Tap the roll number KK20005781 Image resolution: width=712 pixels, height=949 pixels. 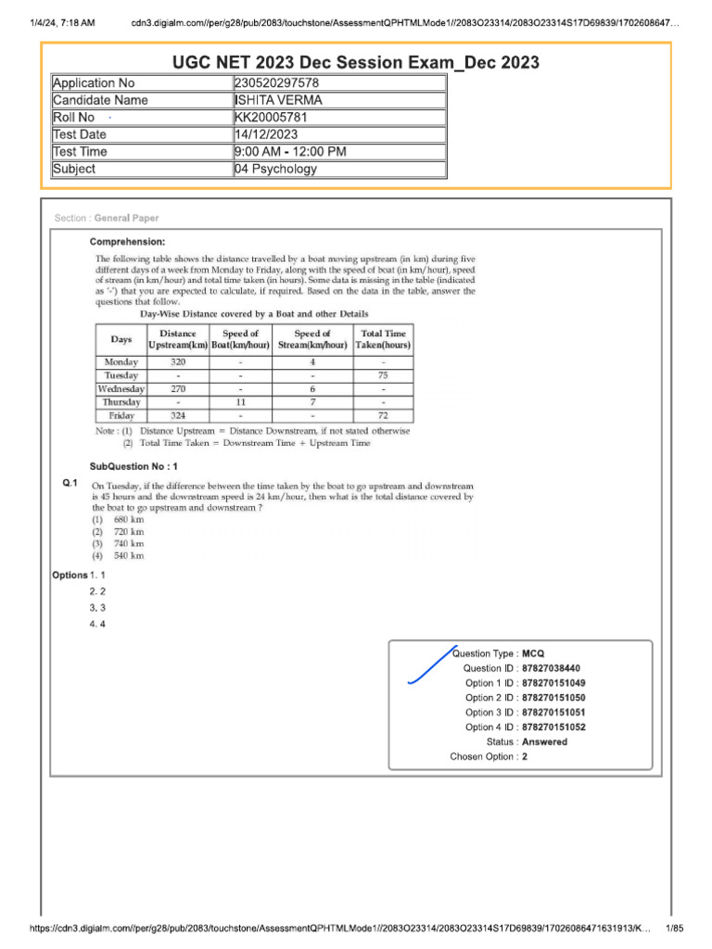tap(271, 118)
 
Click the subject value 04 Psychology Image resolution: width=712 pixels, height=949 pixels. tap(276, 169)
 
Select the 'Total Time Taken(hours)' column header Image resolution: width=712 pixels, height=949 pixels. tap(383, 339)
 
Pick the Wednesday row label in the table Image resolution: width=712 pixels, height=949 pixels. tap(121, 389)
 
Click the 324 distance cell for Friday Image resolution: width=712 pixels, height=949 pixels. tap(178, 416)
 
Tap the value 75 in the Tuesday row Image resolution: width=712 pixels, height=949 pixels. tap(383, 376)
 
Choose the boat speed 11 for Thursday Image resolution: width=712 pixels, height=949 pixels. tap(240, 403)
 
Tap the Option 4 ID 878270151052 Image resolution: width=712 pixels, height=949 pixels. tap(553, 728)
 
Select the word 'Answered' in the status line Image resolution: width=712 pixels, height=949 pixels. tap(544, 742)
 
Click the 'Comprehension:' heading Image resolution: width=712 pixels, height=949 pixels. tap(127, 242)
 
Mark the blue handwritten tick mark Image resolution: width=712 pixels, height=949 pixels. tap(432, 665)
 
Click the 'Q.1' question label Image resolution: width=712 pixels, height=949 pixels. tap(70, 484)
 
